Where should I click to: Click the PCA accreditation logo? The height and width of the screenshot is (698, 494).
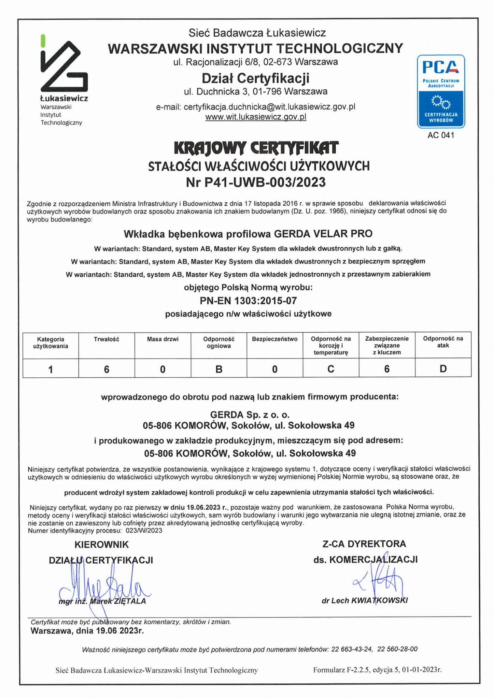(441, 91)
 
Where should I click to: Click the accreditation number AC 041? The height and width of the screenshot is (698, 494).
(441, 135)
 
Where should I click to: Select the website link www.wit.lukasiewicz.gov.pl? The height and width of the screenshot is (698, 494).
(256, 117)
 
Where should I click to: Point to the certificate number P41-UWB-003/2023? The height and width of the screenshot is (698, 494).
(265, 182)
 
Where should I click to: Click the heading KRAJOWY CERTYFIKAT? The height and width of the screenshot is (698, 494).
(256, 148)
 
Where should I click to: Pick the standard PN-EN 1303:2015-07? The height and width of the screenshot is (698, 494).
(248, 301)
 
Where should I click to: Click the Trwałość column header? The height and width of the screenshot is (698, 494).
(107, 339)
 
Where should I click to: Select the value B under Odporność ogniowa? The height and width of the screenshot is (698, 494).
(219, 369)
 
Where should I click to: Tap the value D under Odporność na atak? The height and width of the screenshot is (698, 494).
(443, 369)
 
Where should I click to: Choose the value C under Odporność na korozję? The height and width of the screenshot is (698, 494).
(330, 369)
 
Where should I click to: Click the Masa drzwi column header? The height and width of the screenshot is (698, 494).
(163, 339)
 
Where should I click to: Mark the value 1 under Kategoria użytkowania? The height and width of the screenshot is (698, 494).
(51, 369)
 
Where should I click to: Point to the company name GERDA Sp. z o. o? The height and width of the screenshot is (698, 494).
(250, 415)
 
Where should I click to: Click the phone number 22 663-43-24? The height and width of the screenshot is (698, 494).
(352, 649)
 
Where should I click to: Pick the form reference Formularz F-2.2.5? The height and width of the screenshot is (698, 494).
(341, 670)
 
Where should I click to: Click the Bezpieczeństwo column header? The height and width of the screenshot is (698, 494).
(274, 339)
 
